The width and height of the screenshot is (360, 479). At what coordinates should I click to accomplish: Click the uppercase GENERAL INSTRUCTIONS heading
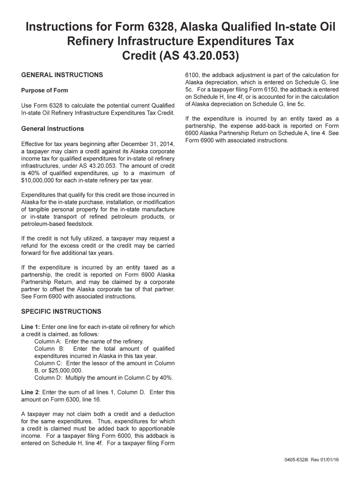(62, 75)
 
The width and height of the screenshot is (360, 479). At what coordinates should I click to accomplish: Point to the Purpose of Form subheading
(45, 90)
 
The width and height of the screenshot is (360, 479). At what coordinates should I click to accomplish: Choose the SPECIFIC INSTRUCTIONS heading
(61, 312)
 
